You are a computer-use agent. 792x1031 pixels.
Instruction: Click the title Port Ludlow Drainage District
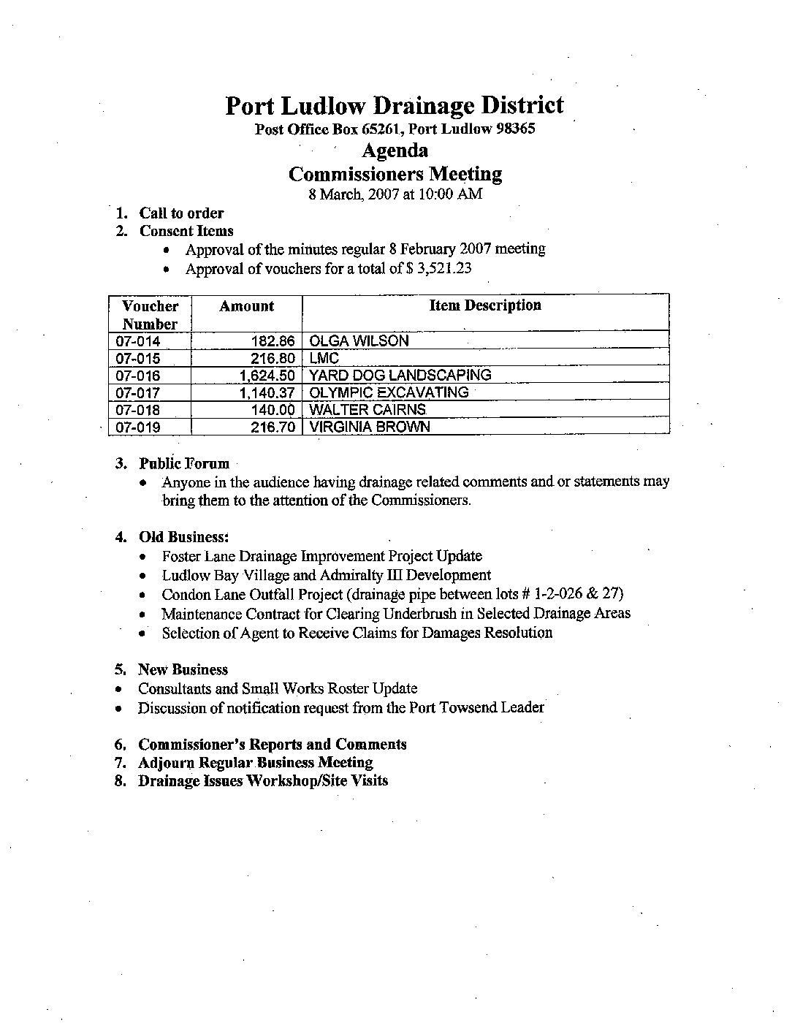click(x=394, y=106)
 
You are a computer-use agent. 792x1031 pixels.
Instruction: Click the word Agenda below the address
click(x=395, y=151)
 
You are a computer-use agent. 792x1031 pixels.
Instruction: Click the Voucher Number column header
click(x=150, y=315)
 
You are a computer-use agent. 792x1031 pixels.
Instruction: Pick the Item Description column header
click(x=485, y=306)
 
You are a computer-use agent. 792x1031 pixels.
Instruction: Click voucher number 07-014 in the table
click(x=138, y=341)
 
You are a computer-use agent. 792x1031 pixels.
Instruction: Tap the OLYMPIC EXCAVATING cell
click(x=389, y=392)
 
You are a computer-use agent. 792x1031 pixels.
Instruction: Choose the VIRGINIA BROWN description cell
click(x=370, y=427)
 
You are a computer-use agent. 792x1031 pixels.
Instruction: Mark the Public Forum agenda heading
click(x=184, y=464)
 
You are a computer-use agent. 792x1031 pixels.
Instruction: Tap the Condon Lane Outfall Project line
click(x=392, y=595)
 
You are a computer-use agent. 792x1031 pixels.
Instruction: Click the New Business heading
click(x=183, y=670)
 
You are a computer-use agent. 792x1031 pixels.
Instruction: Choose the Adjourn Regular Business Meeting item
click(x=255, y=763)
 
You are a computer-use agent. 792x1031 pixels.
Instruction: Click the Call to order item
click(x=181, y=213)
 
